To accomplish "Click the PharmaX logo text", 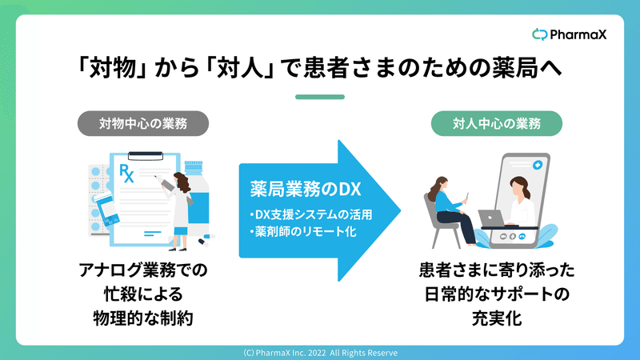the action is pos(578,34).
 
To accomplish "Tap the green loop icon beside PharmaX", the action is pos(539,34).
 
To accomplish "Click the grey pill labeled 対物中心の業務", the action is pos(143,123).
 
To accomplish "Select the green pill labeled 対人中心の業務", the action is pos(496,123).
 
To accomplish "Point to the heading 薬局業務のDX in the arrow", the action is pos(306,190).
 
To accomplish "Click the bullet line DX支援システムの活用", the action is pos(311,214).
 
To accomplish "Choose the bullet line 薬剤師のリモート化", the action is pos(303,232).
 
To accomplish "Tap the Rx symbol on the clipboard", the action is pos(126,173).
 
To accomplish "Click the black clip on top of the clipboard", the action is pos(146,156).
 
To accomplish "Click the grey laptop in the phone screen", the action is pos(491,218).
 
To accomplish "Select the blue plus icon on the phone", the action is pos(538,165).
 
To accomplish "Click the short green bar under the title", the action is pos(320,97).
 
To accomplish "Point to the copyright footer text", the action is pos(320,353).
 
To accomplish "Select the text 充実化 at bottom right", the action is pos(497,318).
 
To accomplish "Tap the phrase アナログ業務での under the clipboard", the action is pos(143,270).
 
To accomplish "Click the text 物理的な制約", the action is pos(143,318).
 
